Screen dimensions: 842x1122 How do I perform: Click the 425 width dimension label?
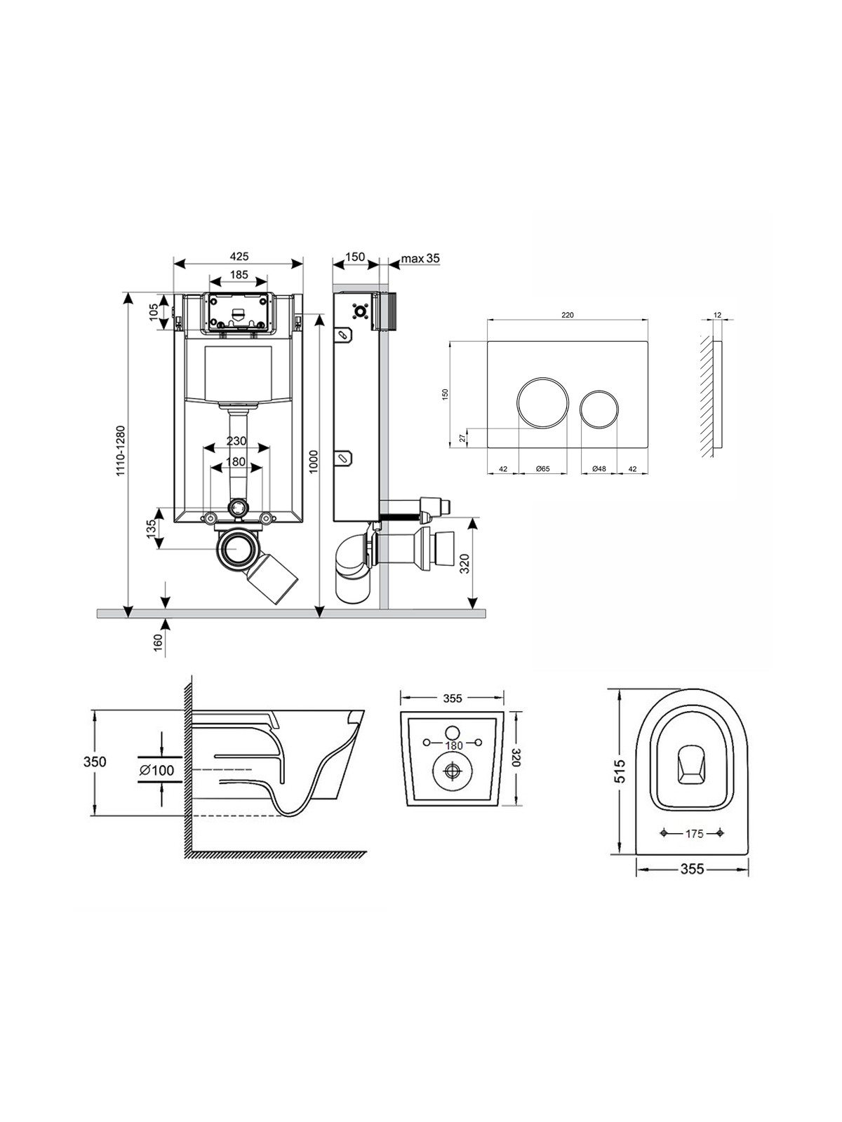(239, 255)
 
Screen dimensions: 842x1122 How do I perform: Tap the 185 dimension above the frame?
(239, 274)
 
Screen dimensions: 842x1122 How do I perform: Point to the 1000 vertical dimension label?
(314, 461)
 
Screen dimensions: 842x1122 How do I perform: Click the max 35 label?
(420, 258)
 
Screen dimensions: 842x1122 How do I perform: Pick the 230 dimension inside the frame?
(236, 440)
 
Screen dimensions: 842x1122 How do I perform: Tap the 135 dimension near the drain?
(152, 529)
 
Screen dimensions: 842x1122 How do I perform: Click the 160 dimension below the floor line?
(158, 642)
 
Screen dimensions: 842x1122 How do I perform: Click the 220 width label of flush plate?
(568, 315)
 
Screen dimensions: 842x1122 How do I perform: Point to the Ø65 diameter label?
(543, 468)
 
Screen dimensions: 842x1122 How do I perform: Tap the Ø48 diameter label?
(599, 468)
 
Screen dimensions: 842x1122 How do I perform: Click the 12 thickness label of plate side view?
(718, 315)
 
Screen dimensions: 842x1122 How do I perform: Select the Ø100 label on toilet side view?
(156, 770)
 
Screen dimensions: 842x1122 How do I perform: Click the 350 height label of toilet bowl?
(95, 762)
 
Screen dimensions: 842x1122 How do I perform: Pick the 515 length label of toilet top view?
(620, 771)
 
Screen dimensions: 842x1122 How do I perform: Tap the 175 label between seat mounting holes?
(694, 834)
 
